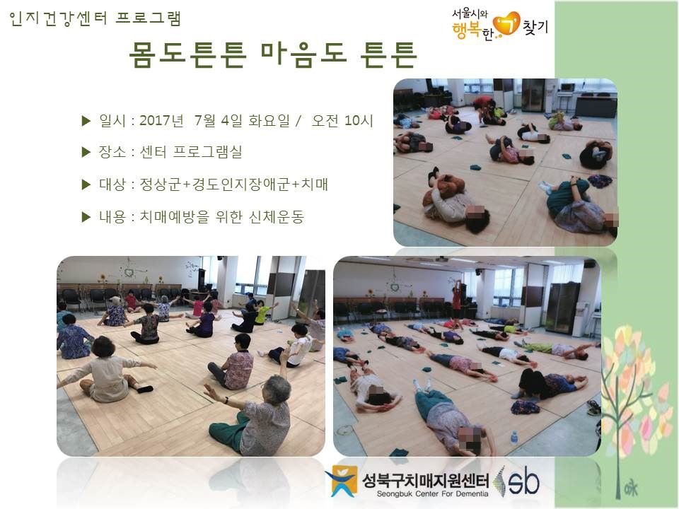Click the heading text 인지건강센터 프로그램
tap(95, 19)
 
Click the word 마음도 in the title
tap(304, 54)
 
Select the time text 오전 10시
tap(342, 120)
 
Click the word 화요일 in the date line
tap(269, 120)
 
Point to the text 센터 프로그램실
tap(191, 152)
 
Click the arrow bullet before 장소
tap(86, 153)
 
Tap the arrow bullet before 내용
tap(86, 217)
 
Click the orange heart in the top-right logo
tap(506, 24)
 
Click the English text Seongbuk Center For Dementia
tap(432, 494)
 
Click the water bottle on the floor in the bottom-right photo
tap(514, 438)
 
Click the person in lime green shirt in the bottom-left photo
tap(262, 312)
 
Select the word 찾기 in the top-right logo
tap(535, 27)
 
